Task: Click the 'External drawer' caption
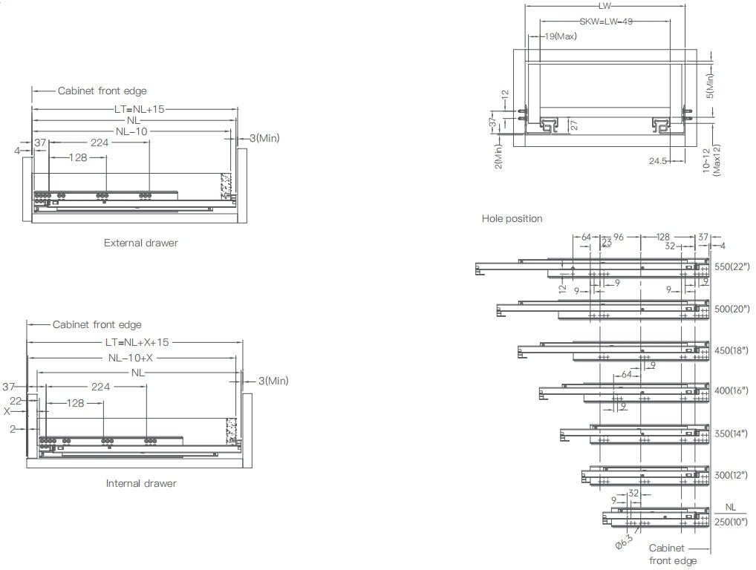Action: pos(141,243)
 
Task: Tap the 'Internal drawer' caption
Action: pos(141,483)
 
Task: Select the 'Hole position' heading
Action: pos(512,218)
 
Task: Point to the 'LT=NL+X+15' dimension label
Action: pos(137,343)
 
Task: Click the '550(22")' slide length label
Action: pos(732,266)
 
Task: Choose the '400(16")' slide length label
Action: pos(732,390)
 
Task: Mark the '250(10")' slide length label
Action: pos(732,522)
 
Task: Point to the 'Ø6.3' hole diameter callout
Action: pos(625,542)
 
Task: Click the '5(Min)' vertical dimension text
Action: pos(710,86)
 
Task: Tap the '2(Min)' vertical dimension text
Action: pos(498,157)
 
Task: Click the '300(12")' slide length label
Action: pos(732,474)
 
